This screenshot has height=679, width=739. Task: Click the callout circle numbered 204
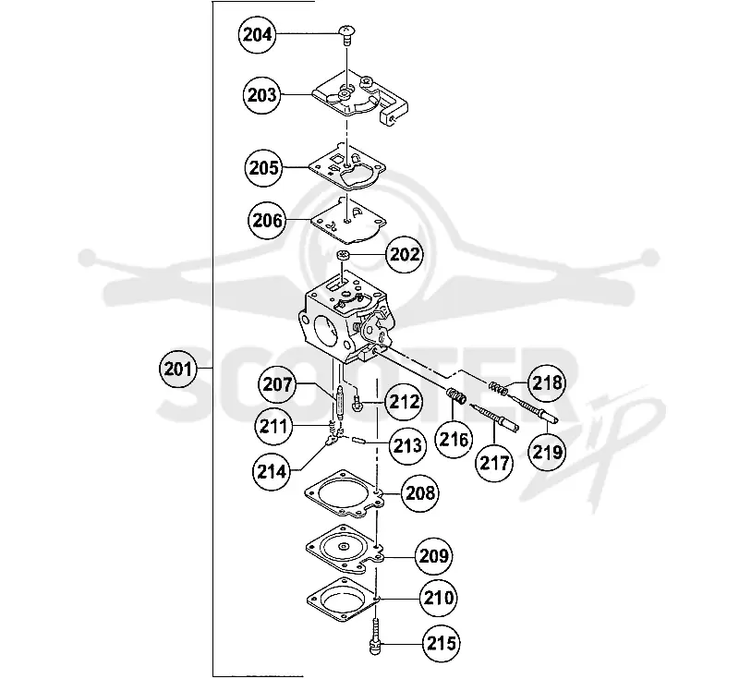(257, 34)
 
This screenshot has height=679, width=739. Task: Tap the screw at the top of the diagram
(346, 36)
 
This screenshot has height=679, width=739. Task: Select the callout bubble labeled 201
(177, 368)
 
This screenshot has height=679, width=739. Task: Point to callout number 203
(261, 95)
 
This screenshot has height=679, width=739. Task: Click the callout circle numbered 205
(263, 168)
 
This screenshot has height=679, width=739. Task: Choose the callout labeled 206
(267, 220)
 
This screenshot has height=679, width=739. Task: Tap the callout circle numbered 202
(405, 254)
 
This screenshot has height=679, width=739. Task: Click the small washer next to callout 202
(344, 255)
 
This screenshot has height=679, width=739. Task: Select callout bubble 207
(277, 384)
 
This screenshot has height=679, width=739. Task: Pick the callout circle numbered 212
(405, 402)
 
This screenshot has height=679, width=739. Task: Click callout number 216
(454, 440)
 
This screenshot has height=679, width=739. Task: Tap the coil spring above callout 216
(456, 395)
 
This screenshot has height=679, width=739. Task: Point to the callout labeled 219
(547, 452)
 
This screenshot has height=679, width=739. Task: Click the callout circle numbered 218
(547, 382)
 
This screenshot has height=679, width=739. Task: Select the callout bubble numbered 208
(419, 493)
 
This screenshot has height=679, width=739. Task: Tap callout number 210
(439, 598)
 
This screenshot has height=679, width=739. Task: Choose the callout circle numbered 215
(442, 643)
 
